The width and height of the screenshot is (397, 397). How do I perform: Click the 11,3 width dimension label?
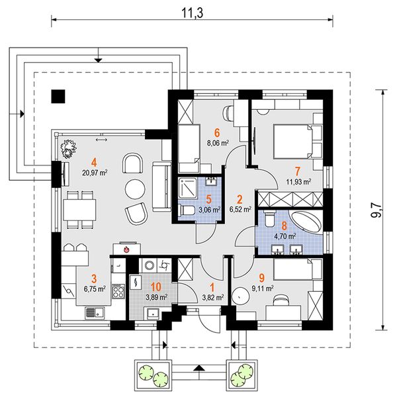point(193,13)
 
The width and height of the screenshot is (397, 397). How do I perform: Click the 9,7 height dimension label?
point(376,210)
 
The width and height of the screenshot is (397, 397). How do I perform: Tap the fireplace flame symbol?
point(126,250)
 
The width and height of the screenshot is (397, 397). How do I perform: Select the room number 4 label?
point(95,162)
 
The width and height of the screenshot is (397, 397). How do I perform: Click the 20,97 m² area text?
point(95,173)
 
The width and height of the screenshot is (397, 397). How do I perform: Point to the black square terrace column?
point(58,97)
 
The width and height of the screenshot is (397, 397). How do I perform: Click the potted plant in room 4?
point(68,150)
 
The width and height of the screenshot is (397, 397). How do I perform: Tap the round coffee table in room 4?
point(135,189)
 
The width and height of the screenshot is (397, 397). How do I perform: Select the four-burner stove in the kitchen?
point(118,291)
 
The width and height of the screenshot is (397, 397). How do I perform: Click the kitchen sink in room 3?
point(95,313)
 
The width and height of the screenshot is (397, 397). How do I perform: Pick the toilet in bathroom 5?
point(186,210)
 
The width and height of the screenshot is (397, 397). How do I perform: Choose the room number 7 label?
point(298,171)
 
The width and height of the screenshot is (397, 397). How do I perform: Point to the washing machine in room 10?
point(149,265)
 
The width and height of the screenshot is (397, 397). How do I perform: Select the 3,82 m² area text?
point(213,298)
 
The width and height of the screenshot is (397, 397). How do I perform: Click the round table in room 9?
point(240,296)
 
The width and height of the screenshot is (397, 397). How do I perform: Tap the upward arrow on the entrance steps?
point(199,368)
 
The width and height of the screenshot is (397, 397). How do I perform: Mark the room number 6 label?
point(217,133)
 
